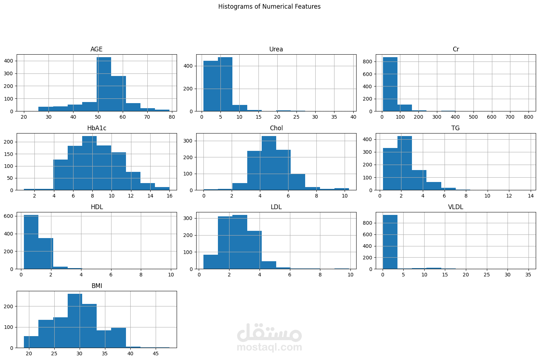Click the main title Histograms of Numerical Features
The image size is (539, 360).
[269, 7]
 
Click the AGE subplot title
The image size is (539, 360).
[96, 49]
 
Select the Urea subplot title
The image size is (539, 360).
[276, 49]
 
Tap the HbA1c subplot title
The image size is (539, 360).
[97, 128]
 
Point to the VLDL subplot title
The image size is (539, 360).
[455, 207]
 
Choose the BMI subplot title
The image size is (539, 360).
[97, 286]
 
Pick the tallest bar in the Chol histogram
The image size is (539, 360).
[269, 163]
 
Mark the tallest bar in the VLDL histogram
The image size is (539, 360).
[390, 242]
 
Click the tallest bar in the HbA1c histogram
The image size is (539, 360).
[89, 163]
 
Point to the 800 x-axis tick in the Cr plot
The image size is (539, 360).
[528, 117]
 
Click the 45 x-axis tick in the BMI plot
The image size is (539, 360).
[156, 354]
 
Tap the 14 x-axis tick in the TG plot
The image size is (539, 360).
[531, 196]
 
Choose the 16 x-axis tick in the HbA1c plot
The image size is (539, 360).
[169, 196]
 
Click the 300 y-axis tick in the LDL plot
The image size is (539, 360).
[188, 219]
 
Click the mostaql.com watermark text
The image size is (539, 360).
[269, 347]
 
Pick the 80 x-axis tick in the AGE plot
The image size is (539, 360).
[172, 117]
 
